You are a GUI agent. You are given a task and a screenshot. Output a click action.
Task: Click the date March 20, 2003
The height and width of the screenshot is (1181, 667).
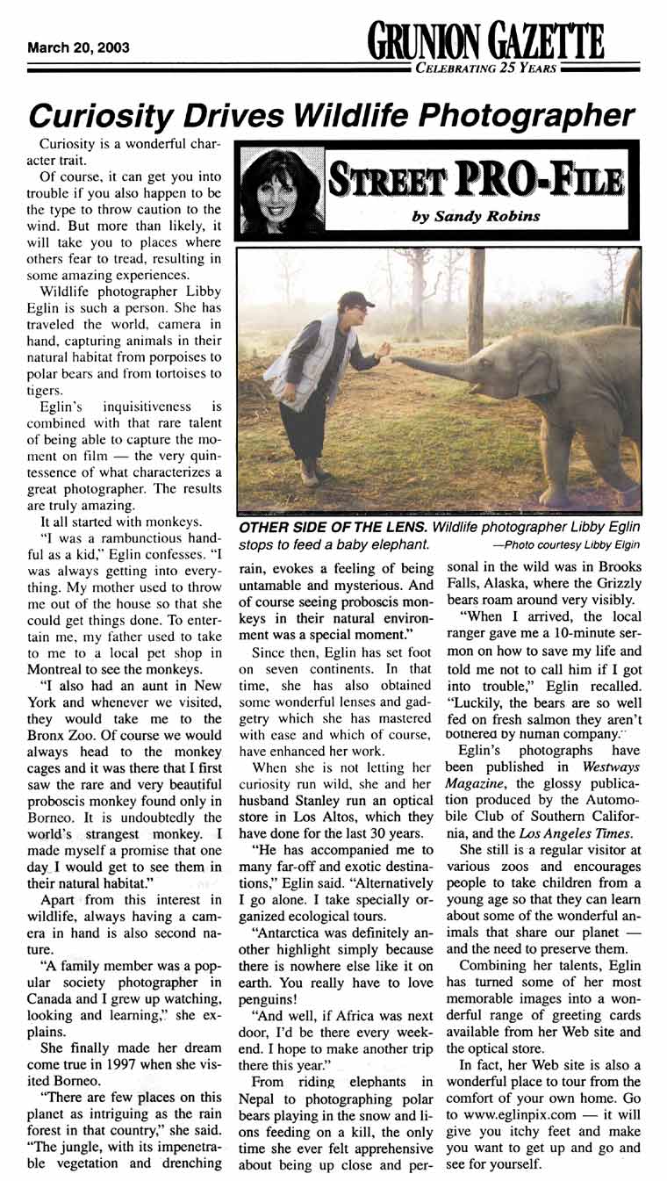(x=78, y=47)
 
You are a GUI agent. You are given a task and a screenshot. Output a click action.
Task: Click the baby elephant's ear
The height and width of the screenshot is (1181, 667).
(x=538, y=371)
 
